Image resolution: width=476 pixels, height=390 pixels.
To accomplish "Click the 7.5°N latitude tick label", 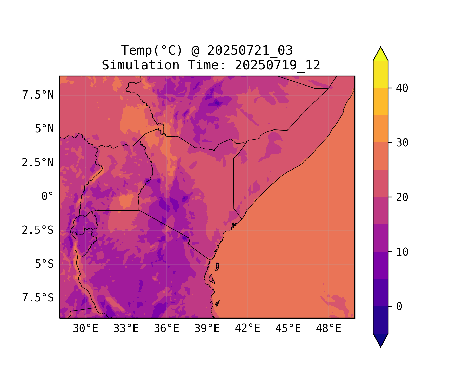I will tap(38, 95).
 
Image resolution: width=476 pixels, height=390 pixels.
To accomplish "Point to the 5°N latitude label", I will tap(44, 129).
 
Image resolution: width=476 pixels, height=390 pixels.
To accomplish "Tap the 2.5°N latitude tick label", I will tap(38, 163).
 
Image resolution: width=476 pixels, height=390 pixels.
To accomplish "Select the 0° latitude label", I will tap(48, 197).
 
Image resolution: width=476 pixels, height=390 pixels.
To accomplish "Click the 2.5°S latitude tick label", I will tap(38, 230).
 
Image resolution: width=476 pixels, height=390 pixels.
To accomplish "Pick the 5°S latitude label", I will tap(44, 264).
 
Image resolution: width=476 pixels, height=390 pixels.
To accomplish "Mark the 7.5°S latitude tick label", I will tap(38, 298).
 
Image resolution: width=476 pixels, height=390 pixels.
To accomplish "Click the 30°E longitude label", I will tap(85, 329).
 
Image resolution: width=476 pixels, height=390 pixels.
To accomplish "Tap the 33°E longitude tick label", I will tap(126, 329).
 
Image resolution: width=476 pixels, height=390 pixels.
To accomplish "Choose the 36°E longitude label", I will tap(166, 329).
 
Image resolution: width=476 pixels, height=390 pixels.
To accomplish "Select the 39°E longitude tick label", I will tap(207, 329).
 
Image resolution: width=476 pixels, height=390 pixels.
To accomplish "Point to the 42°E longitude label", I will tap(247, 328).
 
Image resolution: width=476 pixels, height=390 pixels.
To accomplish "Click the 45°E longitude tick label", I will tap(288, 329).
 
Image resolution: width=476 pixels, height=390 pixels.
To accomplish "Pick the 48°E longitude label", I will tap(328, 329).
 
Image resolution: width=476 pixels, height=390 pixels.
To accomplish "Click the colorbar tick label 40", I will tap(402, 88).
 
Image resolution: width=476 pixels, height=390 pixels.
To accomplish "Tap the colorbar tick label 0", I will tap(399, 307).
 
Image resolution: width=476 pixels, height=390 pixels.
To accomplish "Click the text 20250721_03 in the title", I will tap(250, 50).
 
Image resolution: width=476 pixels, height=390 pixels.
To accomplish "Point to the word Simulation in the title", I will tap(140, 65).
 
